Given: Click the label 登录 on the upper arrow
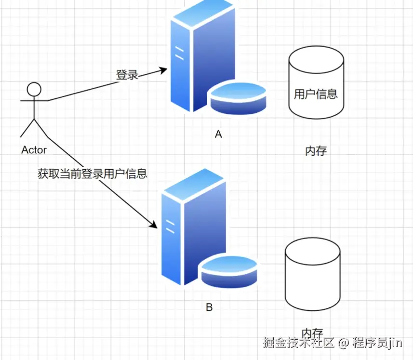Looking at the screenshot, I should click(x=127, y=75).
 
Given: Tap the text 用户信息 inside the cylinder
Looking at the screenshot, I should click(x=316, y=93).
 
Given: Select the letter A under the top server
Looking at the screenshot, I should click(x=218, y=134).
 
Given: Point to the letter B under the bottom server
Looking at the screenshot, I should click(x=209, y=307).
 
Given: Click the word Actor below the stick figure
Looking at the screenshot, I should click(x=34, y=150).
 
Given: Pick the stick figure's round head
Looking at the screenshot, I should click(x=34, y=89).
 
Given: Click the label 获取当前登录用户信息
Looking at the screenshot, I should click(x=92, y=173).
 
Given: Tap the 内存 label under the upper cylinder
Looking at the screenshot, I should click(x=316, y=151).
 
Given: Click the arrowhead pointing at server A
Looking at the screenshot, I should click(x=162, y=70).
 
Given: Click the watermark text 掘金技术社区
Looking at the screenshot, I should click(x=298, y=343).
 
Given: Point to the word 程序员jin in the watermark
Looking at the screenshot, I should click(x=377, y=343).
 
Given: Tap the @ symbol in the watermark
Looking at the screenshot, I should click(x=343, y=343).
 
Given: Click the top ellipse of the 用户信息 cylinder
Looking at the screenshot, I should click(x=316, y=62).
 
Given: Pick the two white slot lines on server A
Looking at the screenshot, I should click(x=179, y=53).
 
